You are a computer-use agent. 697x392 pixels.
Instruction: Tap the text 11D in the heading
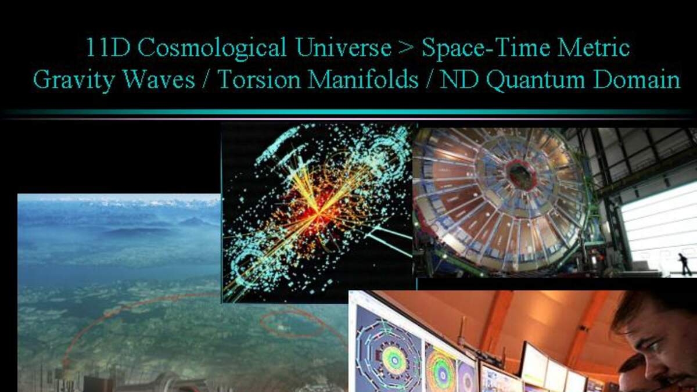[107, 47]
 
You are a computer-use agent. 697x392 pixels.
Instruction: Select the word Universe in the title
[344, 47]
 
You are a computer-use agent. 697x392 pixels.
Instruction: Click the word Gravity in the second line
[74, 80]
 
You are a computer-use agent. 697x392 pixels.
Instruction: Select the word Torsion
[260, 79]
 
